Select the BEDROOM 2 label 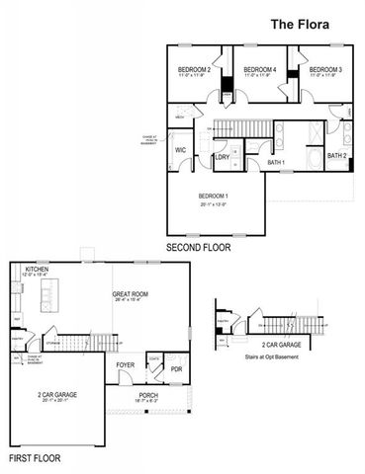[194, 69]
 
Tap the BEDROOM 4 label [258, 69]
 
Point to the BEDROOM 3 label [324, 69]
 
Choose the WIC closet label [181, 150]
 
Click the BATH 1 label [276, 161]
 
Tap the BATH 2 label [336, 155]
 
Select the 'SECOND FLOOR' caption [198, 248]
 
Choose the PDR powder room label [176, 369]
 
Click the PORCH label [148, 395]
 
